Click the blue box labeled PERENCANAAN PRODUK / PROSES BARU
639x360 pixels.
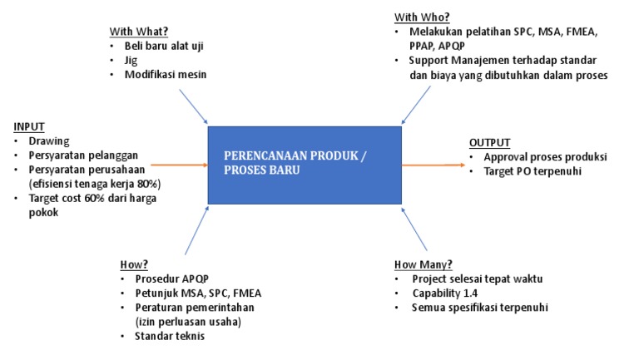click(305, 165)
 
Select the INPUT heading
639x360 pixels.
click(28, 126)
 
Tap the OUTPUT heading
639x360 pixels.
click(490, 142)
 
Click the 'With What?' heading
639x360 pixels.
click(138, 32)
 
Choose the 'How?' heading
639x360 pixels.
click(134, 264)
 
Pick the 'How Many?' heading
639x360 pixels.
click(424, 264)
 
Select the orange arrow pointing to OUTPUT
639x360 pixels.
click(433, 165)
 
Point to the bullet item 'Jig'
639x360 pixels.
click(131, 61)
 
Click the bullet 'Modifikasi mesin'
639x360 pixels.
click(166, 75)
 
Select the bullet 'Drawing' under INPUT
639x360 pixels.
click(49, 141)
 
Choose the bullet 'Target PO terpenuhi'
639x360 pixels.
click(532, 171)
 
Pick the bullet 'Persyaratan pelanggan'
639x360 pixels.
click(83, 155)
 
